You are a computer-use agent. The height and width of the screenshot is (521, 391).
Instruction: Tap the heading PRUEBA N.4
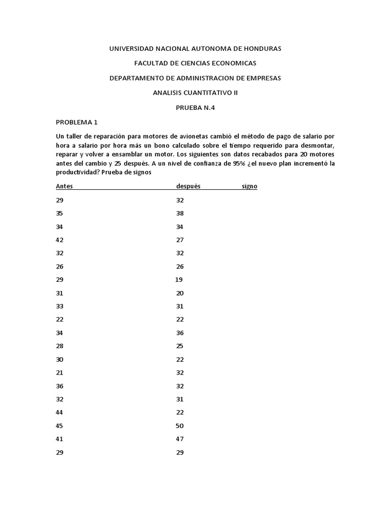click(195, 107)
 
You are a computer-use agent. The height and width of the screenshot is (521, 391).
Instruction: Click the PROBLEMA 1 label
click(76, 122)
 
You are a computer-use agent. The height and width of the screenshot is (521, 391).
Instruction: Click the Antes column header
click(64, 186)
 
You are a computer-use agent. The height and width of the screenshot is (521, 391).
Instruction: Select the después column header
click(188, 186)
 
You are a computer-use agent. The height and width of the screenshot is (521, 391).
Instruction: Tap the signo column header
click(249, 186)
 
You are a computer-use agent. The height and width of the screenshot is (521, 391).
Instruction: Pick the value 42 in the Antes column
click(60, 240)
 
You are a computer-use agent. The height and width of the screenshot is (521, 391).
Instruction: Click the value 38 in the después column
click(180, 213)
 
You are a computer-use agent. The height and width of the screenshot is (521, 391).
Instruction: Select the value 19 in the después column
click(179, 279)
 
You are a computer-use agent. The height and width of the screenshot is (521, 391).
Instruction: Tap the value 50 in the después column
click(180, 425)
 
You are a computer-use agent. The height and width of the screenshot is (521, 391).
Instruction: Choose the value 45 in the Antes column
click(60, 425)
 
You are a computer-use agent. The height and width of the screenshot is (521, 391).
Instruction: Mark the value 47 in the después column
click(180, 439)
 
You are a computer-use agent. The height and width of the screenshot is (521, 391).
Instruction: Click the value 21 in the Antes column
click(60, 372)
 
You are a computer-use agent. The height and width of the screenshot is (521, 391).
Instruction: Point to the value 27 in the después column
click(180, 240)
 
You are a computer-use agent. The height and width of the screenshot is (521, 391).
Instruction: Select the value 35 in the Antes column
click(60, 213)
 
